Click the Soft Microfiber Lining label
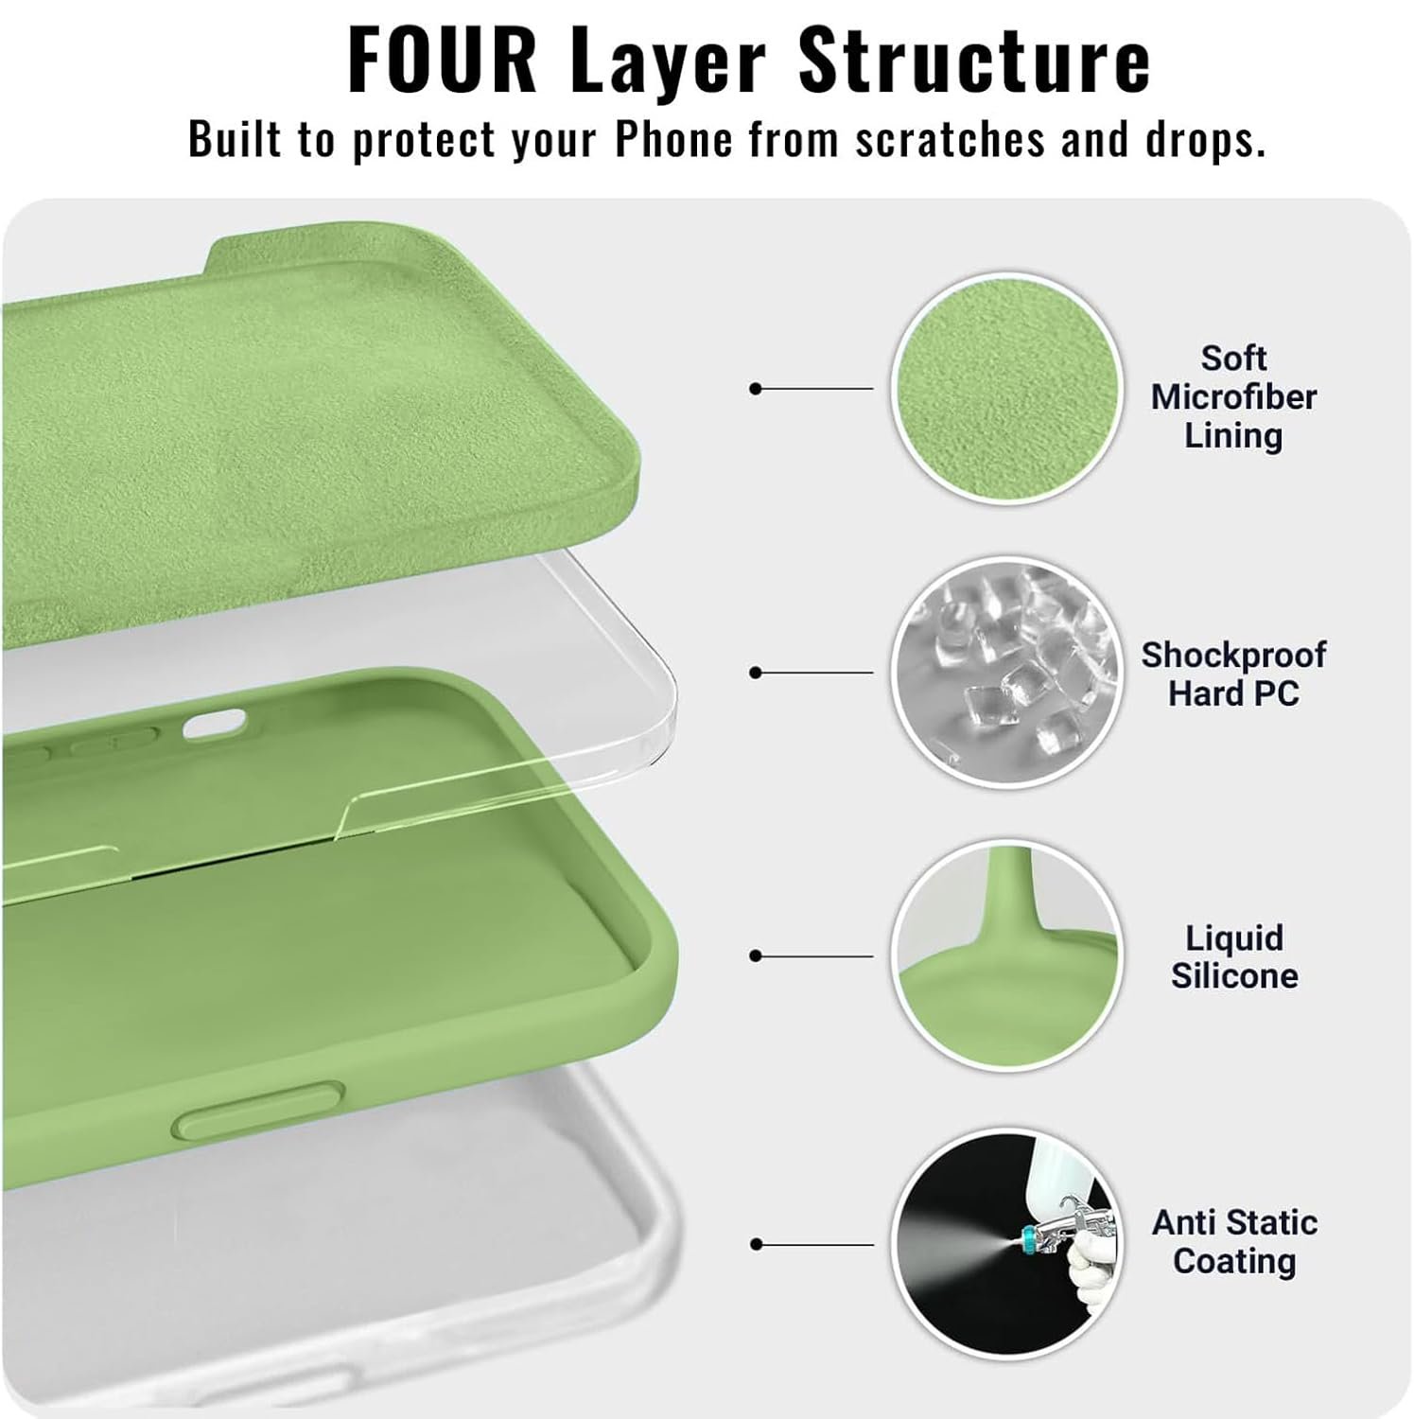[x=1233, y=396]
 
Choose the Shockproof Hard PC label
[x=1233, y=674]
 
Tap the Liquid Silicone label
[x=1234, y=956]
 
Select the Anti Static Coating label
[x=1234, y=1241]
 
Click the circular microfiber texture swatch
[x=1006, y=389]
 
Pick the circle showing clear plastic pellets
[x=1006, y=673]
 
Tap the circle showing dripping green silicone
[x=1006, y=956]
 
